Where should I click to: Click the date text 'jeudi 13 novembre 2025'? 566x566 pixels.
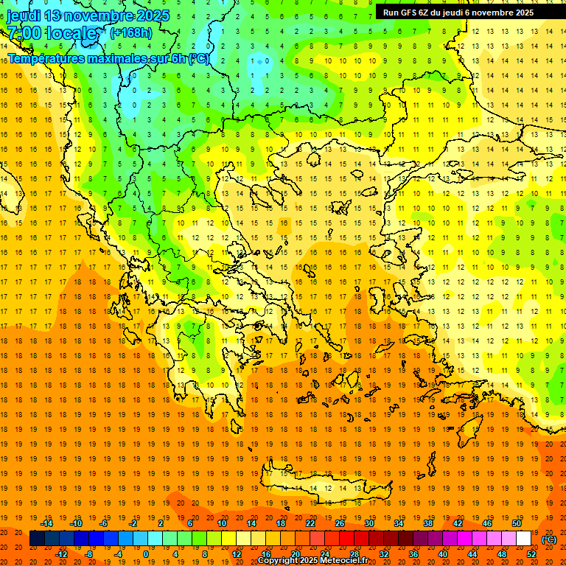click(x=88, y=15)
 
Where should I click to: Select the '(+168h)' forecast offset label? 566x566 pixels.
click(x=131, y=32)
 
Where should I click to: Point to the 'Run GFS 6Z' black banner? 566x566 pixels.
click(x=458, y=13)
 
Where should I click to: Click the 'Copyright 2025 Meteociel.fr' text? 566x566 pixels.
click(x=313, y=561)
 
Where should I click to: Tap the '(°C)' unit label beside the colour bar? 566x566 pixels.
click(x=549, y=539)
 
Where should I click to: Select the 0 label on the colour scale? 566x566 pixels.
click(x=145, y=554)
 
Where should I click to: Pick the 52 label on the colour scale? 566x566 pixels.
click(x=531, y=554)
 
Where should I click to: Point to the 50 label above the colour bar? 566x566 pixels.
click(x=517, y=523)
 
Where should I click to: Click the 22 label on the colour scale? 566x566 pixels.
click(x=310, y=523)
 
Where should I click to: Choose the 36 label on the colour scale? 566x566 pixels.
click(x=413, y=554)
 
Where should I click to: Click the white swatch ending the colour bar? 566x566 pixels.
click(x=524, y=539)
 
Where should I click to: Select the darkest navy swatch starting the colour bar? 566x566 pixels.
click(x=37, y=539)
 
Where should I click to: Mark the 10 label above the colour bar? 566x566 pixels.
click(x=222, y=523)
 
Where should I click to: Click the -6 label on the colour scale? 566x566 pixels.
click(x=104, y=523)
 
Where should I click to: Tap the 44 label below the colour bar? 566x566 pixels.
click(x=472, y=554)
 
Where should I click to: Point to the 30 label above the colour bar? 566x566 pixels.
click(x=369, y=523)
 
